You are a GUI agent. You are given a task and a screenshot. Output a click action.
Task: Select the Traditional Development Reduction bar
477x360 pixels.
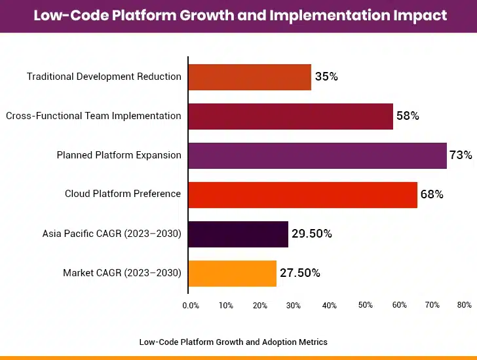click(x=250, y=77)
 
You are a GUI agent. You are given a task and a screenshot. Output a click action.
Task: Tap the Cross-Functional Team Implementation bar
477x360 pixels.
click(x=290, y=116)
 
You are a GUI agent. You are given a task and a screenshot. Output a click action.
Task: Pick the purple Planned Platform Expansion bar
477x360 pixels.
click(x=317, y=155)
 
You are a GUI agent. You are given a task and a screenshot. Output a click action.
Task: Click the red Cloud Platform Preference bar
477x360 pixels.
click(x=303, y=194)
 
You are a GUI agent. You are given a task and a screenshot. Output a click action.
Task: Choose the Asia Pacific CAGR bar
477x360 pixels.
click(x=238, y=234)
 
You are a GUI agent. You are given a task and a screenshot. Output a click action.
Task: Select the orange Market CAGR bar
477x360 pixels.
click(x=233, y=273)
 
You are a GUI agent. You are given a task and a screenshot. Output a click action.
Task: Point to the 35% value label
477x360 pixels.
click(x=326, y=77)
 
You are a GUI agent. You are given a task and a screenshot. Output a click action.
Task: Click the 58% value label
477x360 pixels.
click(x=408, y=116)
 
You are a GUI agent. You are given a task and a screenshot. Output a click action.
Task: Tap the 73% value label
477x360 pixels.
click(x=461, y=155)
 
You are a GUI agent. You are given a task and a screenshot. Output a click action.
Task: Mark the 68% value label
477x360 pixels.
click(x=432, y=194)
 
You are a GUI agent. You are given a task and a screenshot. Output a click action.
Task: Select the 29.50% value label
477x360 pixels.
click(x=312, y=234)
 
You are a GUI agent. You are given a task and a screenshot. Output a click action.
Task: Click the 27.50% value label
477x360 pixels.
click(x=300, y=273)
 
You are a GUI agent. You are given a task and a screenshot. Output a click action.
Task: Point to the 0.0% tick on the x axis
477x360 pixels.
click(x=191, y=305)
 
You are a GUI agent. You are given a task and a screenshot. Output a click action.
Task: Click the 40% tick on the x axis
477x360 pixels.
click(x=329, y=305)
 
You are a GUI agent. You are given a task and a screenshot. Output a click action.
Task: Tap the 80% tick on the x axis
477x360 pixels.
click(x=464, y=304)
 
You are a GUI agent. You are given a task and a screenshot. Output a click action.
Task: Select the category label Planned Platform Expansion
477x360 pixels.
click(x=119, y=155)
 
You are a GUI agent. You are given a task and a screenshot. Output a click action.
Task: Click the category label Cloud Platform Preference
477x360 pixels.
click(x=123, y=194)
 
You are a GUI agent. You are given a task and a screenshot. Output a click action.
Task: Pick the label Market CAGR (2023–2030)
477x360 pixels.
click(x=122, y=272)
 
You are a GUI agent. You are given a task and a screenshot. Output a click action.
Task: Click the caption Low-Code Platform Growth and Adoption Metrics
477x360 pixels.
click(x=233, y=342)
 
